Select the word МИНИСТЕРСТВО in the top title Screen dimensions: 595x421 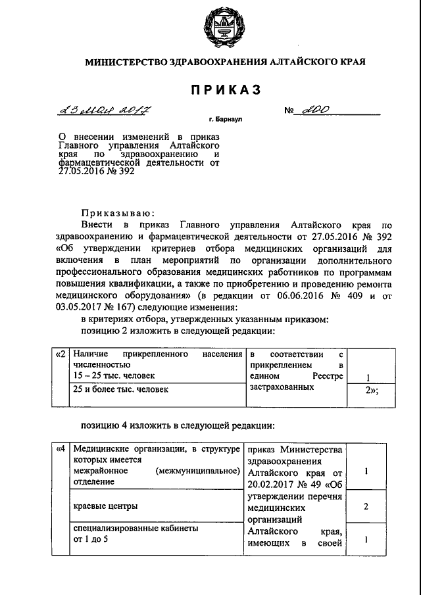122,62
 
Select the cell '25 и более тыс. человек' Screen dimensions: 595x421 120,389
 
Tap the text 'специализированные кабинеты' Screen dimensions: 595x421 136,528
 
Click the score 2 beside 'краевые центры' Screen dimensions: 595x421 365,507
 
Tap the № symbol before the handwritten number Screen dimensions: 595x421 289,112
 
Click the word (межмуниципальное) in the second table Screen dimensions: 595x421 198,471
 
